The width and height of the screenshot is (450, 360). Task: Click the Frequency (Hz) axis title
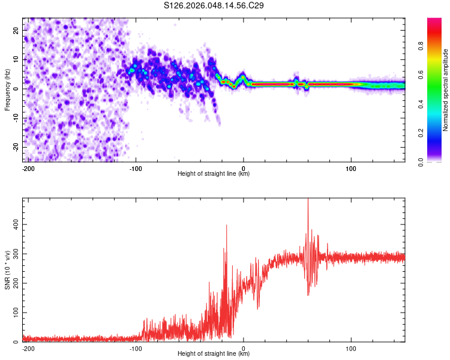click(x=7, y=89)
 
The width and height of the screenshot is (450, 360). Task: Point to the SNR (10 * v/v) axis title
click(x=7, y=269)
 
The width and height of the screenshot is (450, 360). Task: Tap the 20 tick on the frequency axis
click(x=16, y=30)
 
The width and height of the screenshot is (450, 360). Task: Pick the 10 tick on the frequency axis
click(x=16, y=59)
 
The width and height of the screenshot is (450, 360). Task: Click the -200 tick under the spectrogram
click(x=28, y=169)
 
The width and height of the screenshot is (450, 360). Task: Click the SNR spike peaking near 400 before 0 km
click(x=226, y=226)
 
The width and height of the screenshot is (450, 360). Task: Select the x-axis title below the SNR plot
click(x=214, y=355)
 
